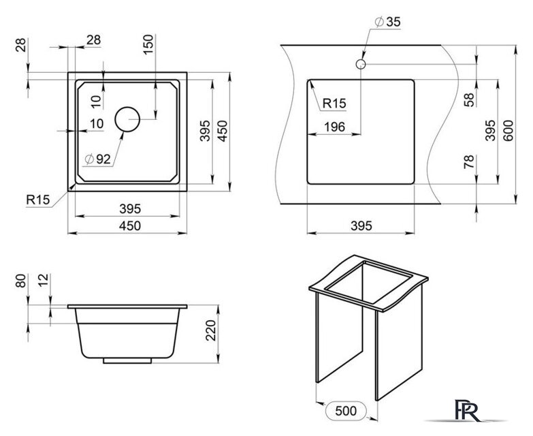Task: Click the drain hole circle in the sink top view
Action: click(x=127, y=119)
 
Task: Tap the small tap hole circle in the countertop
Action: click(x=360, y=64)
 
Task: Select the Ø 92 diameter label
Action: click(x=98, y=159)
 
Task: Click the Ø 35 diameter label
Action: click(x=387, y=22)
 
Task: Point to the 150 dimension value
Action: click(x=148, y=44)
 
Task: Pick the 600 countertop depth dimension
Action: click(x=508, y=131)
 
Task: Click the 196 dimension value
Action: click(x=334, y=127)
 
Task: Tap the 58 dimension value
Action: click(x=469, y=99)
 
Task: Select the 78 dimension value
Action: click(x=469, y=162)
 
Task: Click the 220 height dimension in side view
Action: click(x=211, y=330)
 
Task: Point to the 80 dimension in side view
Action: click(x=20, y=281)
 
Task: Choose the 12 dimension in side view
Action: click(x=44, y=281)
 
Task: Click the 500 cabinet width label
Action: click(x=346, y=411)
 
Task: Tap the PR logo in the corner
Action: click(x=468, y=411)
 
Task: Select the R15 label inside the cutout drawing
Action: click(x=334, y=104)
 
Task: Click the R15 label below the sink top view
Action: click(x=38, y=200)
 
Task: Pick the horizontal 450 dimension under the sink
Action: click(x=130, y=225)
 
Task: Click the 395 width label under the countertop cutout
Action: click(x=361, y=225)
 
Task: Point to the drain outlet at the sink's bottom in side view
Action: click(x=127, y=361)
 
